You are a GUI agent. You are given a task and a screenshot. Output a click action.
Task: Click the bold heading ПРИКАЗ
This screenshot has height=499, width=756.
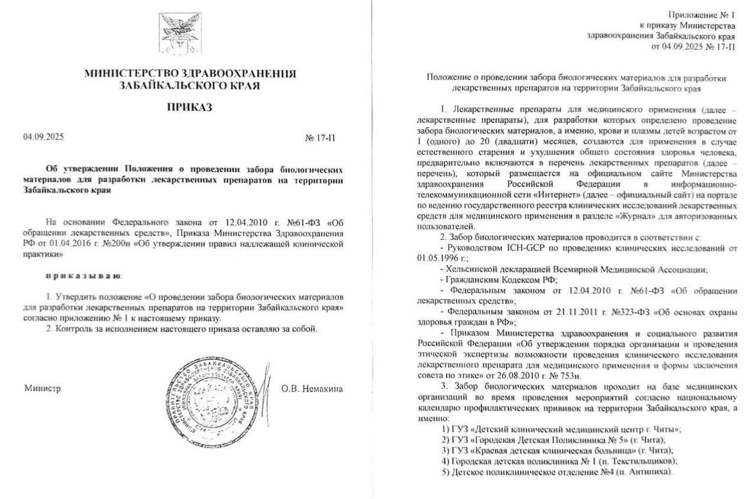coord(190,108)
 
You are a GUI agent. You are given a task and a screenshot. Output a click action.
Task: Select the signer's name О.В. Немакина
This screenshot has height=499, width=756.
coord(312,388)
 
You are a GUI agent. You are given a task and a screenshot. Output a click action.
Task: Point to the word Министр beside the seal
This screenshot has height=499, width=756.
coord(43,388)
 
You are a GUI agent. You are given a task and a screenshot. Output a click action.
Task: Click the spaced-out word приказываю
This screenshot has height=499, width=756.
coord(83,276)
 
